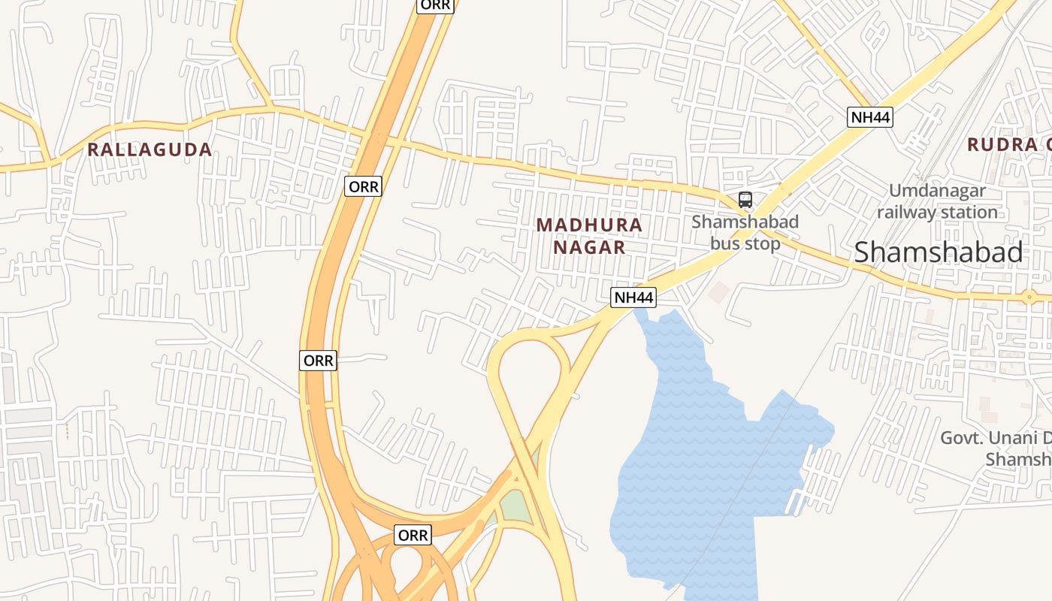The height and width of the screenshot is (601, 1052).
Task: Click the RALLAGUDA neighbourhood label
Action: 149,149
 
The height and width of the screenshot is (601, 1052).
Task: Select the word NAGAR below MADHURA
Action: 589,247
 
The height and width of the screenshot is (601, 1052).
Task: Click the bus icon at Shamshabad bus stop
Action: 745,200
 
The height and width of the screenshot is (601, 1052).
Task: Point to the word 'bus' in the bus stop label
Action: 726,243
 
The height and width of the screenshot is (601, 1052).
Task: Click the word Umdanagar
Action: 937,191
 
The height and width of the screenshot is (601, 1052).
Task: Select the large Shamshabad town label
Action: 938,252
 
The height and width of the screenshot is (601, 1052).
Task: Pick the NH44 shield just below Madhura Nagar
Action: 633,297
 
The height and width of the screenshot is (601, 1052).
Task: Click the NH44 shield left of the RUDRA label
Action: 870,117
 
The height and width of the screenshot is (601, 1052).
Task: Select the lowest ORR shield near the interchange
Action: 413,535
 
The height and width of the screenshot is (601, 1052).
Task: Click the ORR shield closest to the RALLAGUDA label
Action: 364,186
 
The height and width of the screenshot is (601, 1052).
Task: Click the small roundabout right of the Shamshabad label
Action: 1029,297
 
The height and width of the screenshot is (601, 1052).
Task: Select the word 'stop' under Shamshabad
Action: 763,243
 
